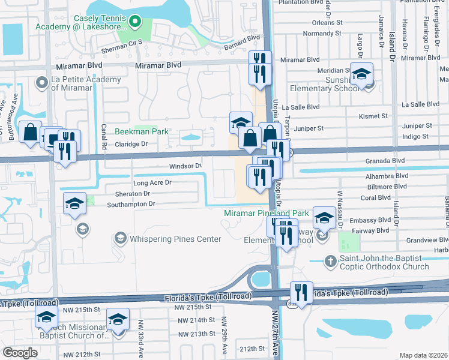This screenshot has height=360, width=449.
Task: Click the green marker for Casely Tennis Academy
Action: coord(135,23)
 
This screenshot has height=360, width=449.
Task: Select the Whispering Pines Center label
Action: coord(168,239)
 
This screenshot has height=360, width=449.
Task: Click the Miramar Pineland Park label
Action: coord(267,213)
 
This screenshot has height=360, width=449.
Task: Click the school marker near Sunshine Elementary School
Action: coord(361,75)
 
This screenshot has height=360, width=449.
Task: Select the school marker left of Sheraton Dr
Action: coord(74,204)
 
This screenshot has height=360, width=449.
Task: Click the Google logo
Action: coord(20,352)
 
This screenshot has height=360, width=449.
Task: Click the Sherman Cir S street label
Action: coord(122,42)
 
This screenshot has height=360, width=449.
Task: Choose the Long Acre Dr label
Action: coord(152,182)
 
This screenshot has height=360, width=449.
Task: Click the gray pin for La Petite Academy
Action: coord(42,82)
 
